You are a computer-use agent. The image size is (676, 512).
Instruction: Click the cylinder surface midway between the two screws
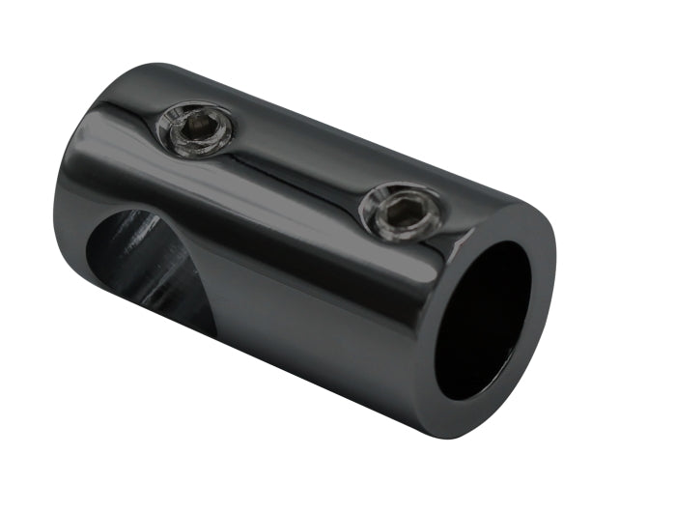click(299, 169)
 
